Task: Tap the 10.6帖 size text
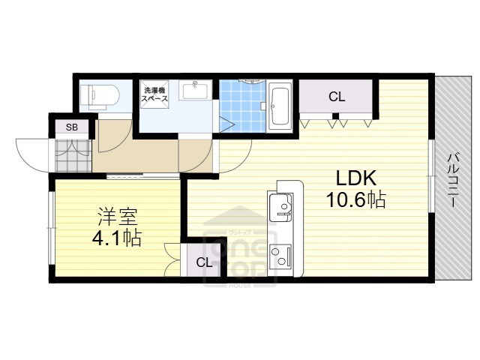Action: [355, 200]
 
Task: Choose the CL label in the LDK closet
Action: [336, 96]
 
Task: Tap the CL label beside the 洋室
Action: [203, 262]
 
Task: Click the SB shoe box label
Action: [71, 127]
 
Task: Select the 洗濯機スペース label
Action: [155, 95]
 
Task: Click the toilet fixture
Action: [99, 94]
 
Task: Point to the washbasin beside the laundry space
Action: [196, 92]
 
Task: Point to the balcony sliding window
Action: [430, 176]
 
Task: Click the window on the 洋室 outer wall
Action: [50, 229]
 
